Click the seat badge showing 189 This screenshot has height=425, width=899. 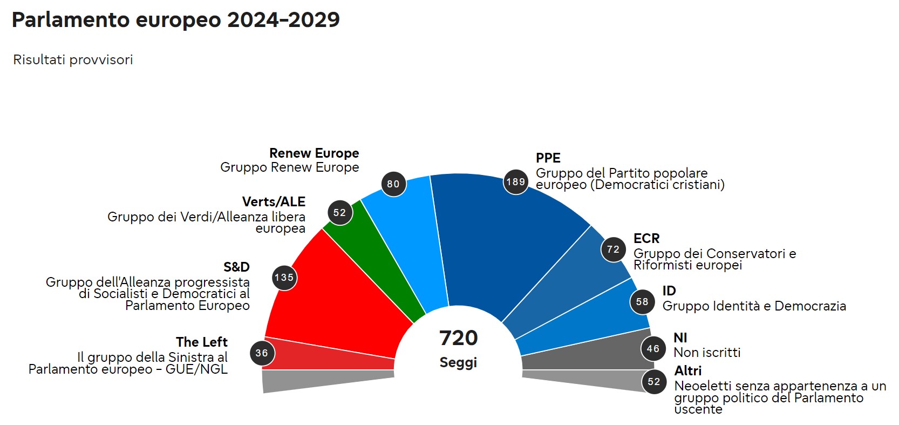(516, 182)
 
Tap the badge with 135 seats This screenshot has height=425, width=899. (284, 278)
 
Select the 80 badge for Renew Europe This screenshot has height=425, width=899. (393, 184)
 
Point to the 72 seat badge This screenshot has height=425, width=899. (614, 249)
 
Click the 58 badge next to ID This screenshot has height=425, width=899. (642, 302)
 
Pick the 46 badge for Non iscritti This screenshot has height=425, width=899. (653, 349)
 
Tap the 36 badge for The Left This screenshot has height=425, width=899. (262, 353)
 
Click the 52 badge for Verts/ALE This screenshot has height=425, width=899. (340, 213)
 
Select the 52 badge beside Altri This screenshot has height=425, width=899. (654, 382)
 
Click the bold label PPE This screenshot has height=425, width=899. (548, 158)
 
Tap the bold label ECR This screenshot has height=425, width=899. (646, 239)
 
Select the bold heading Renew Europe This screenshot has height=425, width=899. (314, 153)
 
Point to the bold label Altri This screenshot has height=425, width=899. (688, 371)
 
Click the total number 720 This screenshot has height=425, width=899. (458, 338)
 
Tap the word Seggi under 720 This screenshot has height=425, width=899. (458, 362)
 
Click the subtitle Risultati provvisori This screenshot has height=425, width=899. (73, 60)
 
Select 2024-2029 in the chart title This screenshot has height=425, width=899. (283, 20)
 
